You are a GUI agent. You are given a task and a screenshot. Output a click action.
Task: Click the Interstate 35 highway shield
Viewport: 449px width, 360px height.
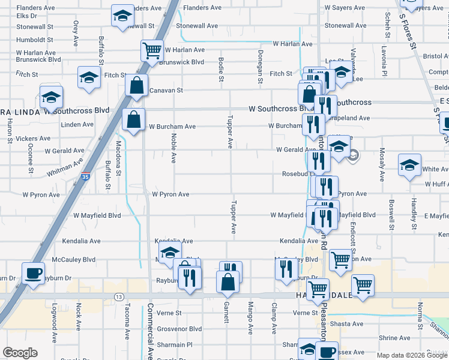[x=86, y=178]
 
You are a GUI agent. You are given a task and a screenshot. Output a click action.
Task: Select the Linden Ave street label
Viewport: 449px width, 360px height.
[x=77, y=125]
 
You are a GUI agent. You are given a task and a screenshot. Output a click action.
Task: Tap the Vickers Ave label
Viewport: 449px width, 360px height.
[x=33, y=139]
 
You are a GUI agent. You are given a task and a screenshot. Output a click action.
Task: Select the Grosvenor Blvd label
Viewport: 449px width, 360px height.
[x=179, y=329]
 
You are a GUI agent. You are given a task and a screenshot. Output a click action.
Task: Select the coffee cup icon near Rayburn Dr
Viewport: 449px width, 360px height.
[x=33, y=273]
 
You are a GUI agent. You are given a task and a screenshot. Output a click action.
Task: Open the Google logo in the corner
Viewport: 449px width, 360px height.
[x=20, y=353]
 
